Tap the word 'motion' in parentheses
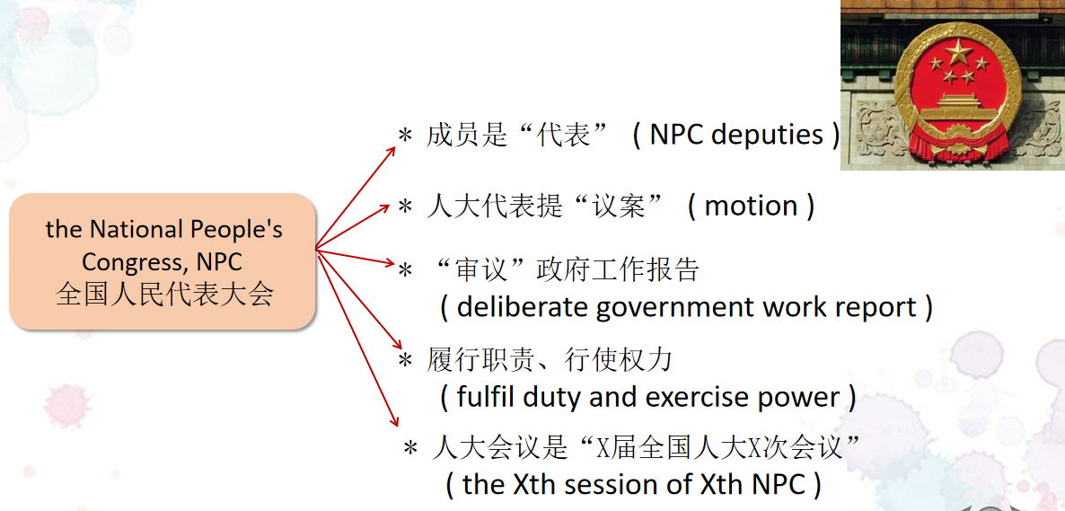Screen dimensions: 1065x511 [752, 206]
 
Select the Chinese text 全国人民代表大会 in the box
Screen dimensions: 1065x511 [165, 295]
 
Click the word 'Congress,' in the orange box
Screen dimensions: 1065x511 [136, 261]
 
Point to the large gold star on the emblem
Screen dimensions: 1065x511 [958, 51]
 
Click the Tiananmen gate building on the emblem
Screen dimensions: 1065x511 [958, 108]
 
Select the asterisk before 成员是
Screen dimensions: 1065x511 [405, 136]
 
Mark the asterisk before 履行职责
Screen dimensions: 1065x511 [405, 361]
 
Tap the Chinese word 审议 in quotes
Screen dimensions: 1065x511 [481, 270]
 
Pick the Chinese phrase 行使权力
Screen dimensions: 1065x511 [618, 360]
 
